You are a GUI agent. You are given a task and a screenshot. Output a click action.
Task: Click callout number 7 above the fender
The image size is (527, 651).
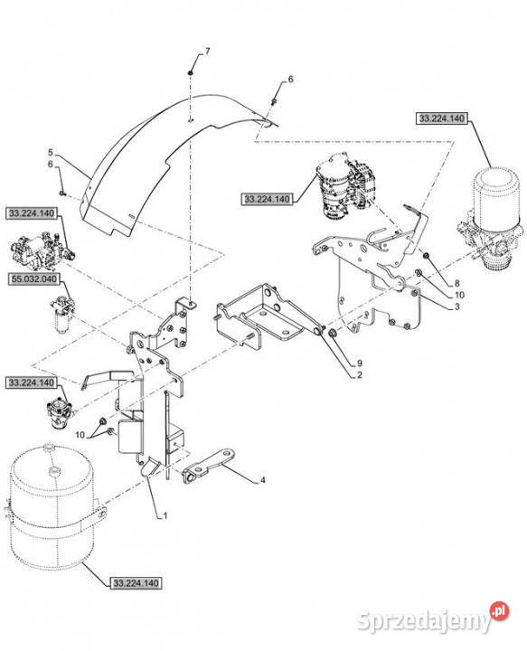pos(207,52)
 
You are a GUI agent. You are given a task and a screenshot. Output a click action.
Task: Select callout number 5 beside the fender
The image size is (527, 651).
pos(51,152)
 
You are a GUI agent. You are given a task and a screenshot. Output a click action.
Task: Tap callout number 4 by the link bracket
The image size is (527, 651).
pos(263,480)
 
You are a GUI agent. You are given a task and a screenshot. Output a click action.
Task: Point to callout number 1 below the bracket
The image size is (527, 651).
pos(165,516)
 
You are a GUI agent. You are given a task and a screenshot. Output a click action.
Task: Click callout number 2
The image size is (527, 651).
pos(360,375)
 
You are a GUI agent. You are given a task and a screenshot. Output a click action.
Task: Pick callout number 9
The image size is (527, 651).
pos(360,363)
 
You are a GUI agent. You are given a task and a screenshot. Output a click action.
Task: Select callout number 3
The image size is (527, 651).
pos(456,307)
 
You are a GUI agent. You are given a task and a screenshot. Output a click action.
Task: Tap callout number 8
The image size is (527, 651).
pos(456,284)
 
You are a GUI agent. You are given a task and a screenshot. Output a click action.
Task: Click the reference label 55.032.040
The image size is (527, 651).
pos(33,278)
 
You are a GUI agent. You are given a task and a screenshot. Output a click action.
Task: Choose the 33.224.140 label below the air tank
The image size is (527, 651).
pos(136,583)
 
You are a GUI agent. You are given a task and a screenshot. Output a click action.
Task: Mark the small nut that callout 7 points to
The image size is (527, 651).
pos(190,73)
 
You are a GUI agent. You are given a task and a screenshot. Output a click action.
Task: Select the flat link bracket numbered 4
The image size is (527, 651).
pos(209,465)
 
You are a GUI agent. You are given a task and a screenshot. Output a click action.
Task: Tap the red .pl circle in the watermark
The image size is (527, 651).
pos(499,611)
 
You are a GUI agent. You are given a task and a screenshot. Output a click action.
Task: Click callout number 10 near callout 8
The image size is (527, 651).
pos(459,295)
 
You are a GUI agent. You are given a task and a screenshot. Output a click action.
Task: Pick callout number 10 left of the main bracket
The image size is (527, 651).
pos(80,435)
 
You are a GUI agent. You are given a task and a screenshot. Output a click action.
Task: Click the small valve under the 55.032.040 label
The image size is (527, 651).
pos(63,314)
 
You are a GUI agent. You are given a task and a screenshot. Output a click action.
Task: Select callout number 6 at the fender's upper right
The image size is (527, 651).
pos(290,79)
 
